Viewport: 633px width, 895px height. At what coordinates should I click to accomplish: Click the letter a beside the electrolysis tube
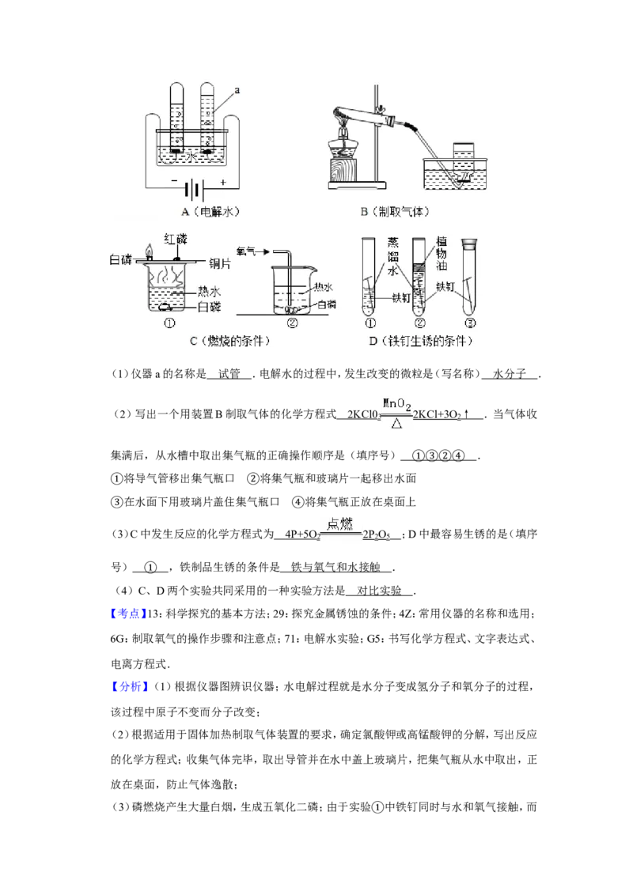pyautogui.click(x=237, y=92)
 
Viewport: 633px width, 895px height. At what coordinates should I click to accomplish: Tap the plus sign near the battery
pyautogui.click(x=224, y=183)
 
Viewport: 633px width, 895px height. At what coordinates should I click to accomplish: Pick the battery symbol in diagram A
pyautogui.click(x=195, y=190)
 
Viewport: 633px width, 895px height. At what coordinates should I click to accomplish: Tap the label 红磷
pyautogui.click(x=176, y=238)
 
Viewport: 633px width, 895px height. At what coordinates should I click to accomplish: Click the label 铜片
pyautogui.click(x=219, y=262)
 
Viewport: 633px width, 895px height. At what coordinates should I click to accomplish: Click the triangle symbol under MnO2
pyautogui.click(x=397, y=425)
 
